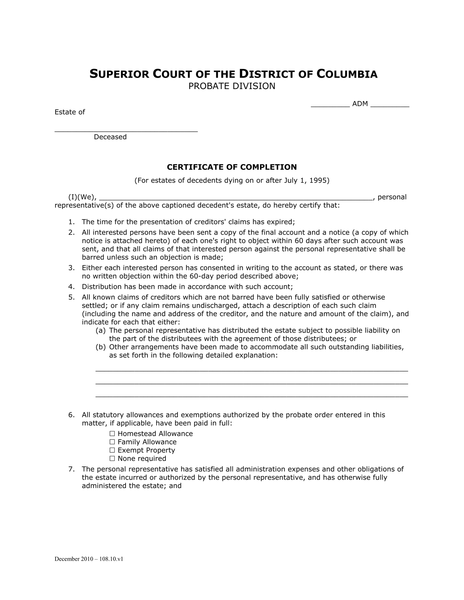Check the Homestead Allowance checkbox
[x=112, y=433]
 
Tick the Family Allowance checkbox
[x=112, y=442]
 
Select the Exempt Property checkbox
[x=112, y=450]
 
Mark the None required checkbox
[x=112, y=458]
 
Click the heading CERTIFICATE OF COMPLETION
[x=232, y=167]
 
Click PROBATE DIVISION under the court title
[x=232, y=86]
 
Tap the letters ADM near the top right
[x=360, y=104]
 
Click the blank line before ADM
[x=330, y=106]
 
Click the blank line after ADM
[x=390, y=106]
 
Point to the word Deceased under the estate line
[x=110, y=137]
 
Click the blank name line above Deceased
[x=126, y=130]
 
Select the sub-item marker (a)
[x=101, y=331]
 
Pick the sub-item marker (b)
[x=101, y=347]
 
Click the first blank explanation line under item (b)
[x=252, y=370]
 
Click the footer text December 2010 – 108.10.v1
[x=89, y=559]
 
